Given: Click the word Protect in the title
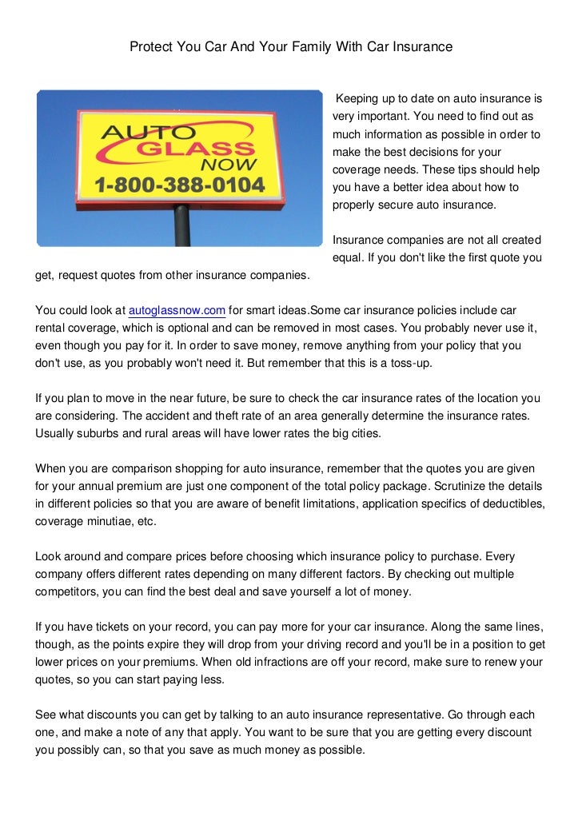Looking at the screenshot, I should [x=151, y=48].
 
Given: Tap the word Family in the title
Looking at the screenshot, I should [x=304, y=48].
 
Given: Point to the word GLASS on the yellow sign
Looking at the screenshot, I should [x=205, y=151].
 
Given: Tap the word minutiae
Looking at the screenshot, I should [x=113, y=521].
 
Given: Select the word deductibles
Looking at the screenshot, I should [x=511, y=504].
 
